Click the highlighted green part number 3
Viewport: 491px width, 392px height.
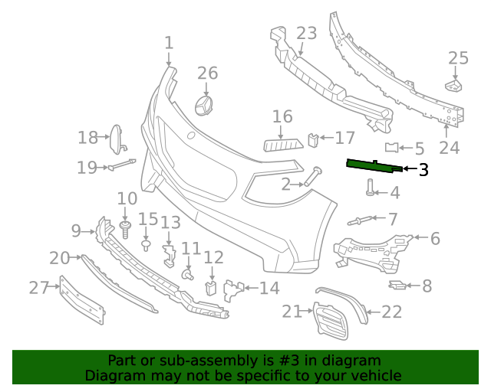click(x=373, y=165)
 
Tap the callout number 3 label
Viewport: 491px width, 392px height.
click(x=423, y=170)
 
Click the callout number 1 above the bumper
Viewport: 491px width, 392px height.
click(x=169, y=44)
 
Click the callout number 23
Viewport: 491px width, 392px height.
click(x=306, y=34)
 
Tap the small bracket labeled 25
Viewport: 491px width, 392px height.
click(x=454, y=85)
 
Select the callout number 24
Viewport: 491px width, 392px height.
click(x=449, y=147)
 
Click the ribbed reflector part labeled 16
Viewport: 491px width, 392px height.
click(x=283, y=145)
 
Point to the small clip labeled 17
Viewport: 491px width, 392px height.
click(x=312, y=139)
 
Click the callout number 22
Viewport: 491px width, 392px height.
click(x=391, y=311)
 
